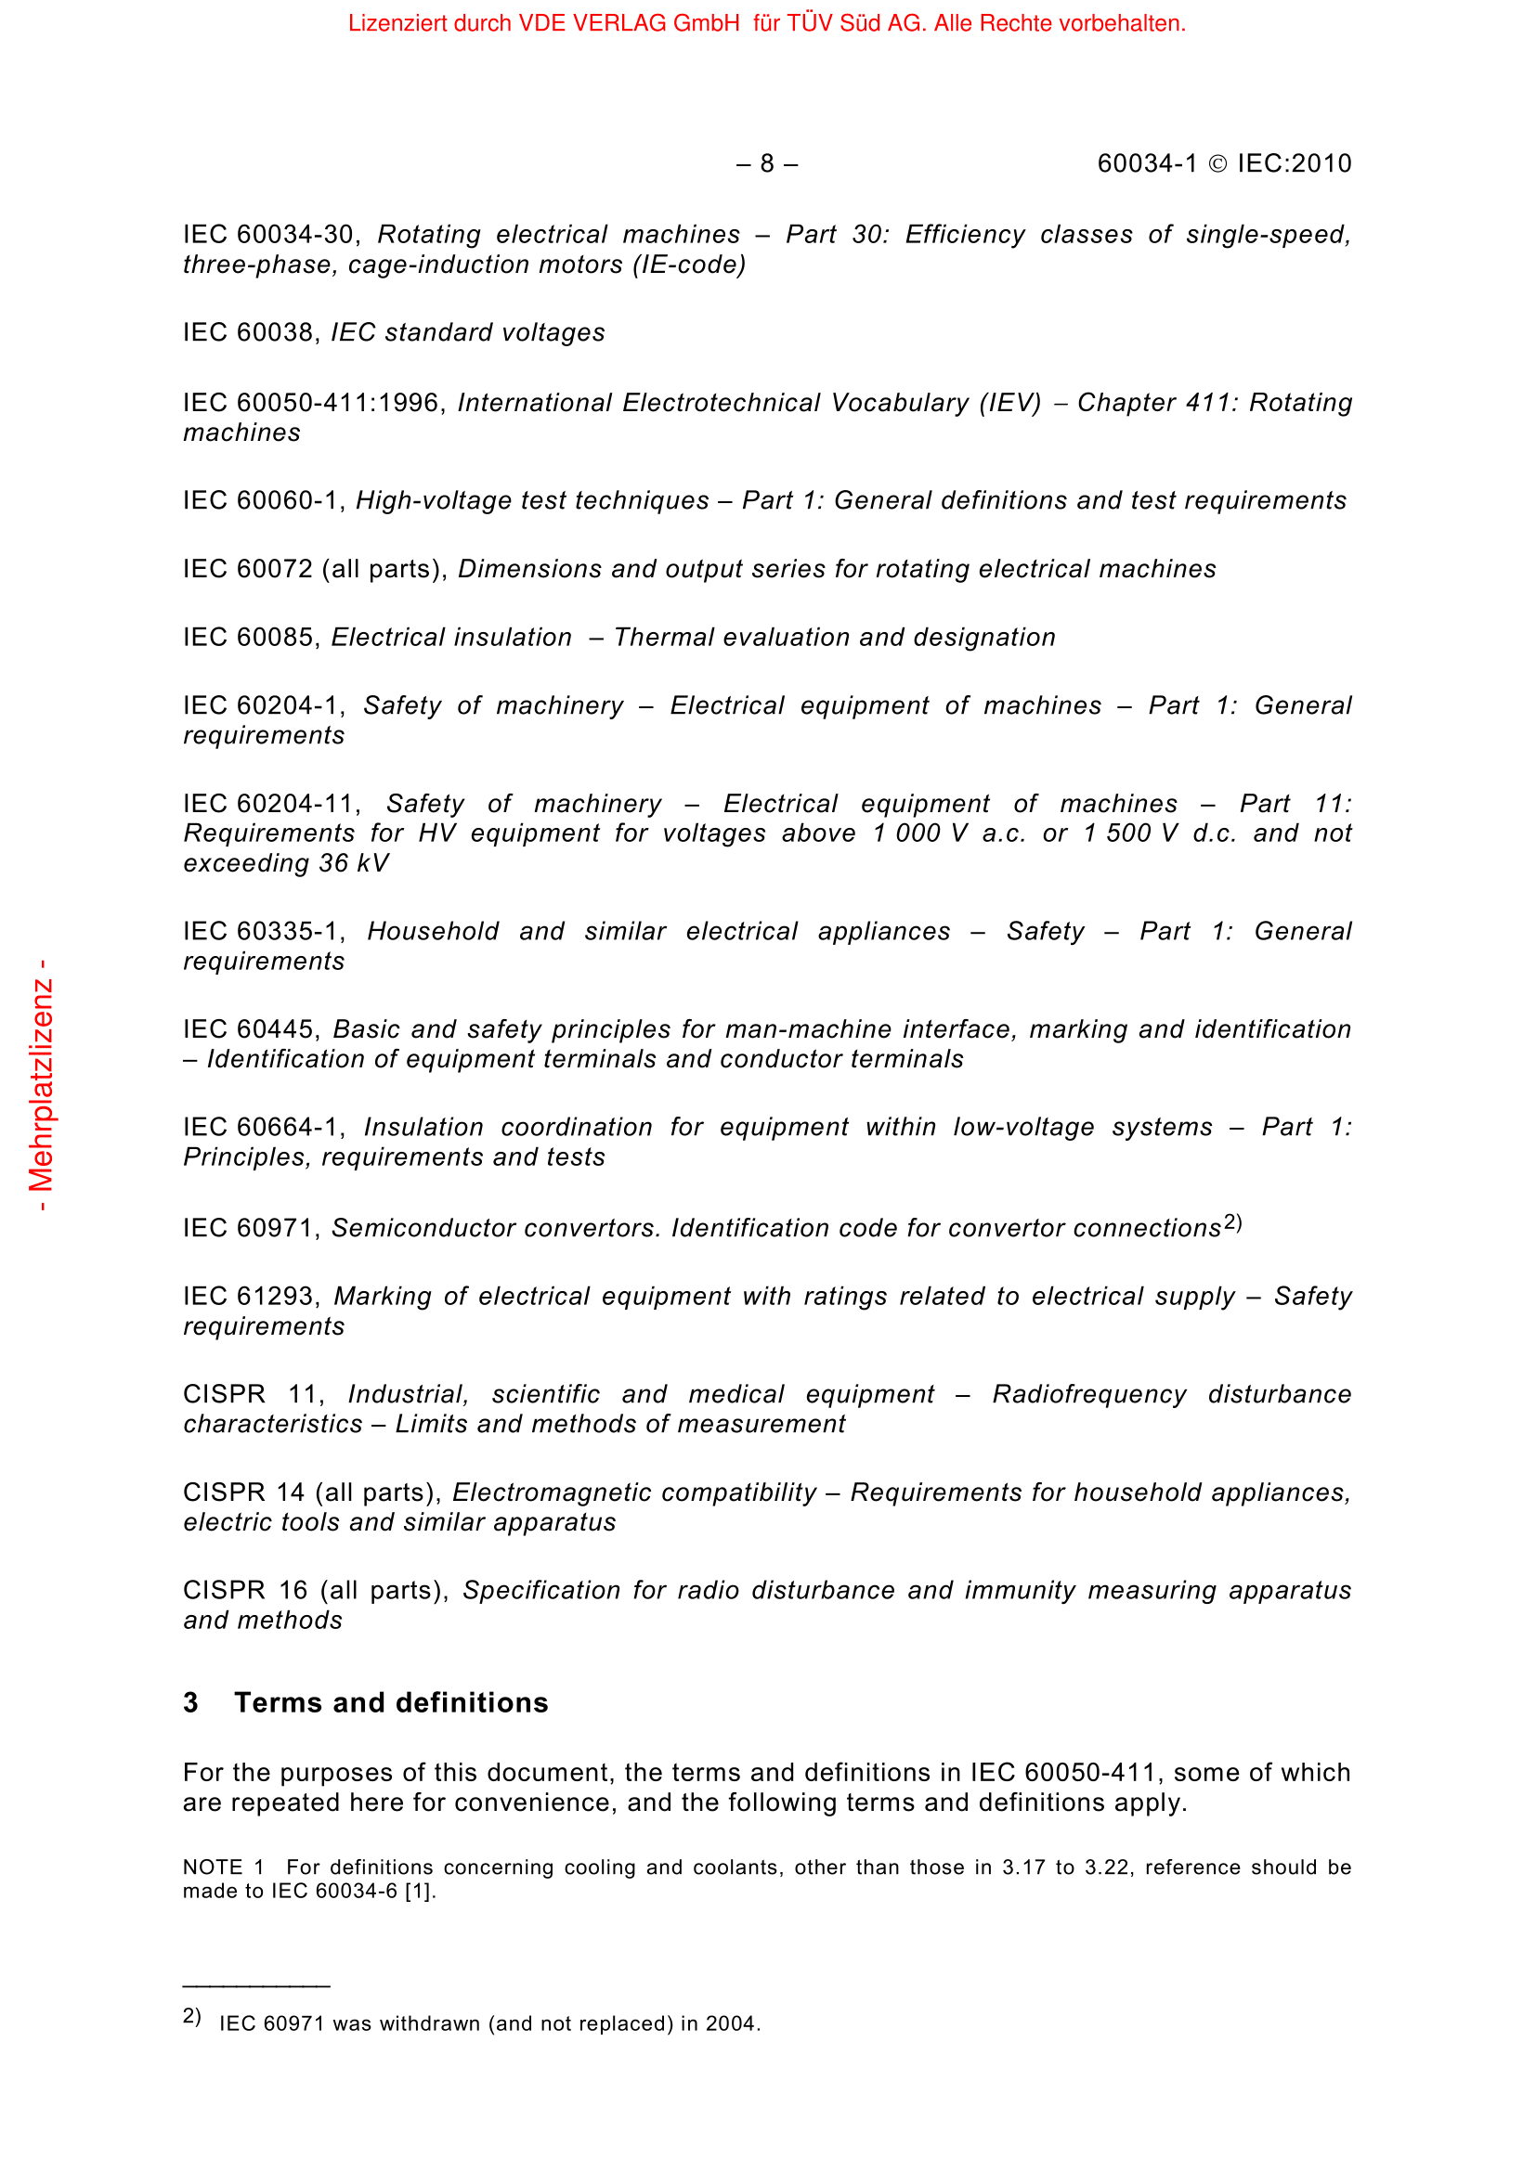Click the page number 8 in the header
pos(767,164)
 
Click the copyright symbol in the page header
pos(1218,164)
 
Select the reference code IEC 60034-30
pos(268,235)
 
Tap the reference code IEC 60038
pos(249,333)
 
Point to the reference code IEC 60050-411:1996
pos(312,403)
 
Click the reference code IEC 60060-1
pos(261,500)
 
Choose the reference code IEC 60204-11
pos(268,804)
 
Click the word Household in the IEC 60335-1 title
pos(433,931)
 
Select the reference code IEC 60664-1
pos(261,1127)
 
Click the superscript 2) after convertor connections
pos(1232,1222)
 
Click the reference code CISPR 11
pos(251,1395)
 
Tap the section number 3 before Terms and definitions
pos(191,1703)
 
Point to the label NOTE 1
pos(223,1867)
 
